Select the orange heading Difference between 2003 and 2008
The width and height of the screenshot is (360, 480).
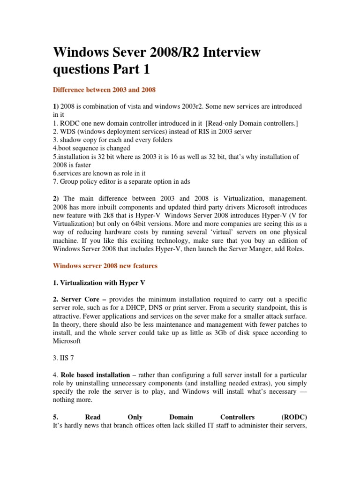click(x=104, y=89)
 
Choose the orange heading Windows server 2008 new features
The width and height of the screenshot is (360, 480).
click(x=105, y=266)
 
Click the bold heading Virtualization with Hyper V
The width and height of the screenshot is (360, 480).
click(x=96, y=283)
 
